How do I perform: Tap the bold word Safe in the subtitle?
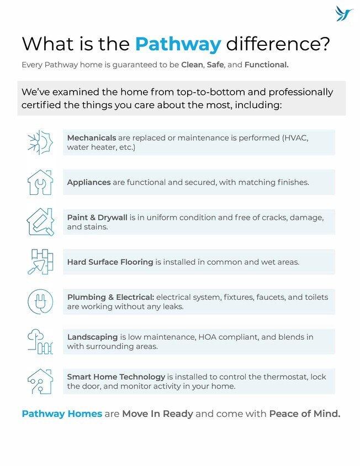pyautogui.click(x=215, y=65)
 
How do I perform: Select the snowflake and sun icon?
pyautogui.click(x=40, y=142)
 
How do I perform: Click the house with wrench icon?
pyautogui.click(x=40, y=182)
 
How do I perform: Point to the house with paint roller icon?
pyautogui.click(x=40, y=222)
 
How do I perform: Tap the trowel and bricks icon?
pyautogui.click(x=40, y=262)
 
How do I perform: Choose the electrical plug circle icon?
pyautogui.click(x=40, y=301)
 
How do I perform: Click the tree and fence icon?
pyautogui.click(x=40, y=341)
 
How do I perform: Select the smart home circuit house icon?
pyautogui.click(x=40, y=381)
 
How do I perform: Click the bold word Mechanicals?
pyautogui.click(x=92, y=137)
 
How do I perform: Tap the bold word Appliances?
pyautogui.click(x=89, y=182)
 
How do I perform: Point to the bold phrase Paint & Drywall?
pyautogui.click(x=97, y=218)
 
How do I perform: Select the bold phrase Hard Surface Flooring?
pyautogui.click(x=110, y=262)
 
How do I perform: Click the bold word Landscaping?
pyautogui.click(x=92, y=337)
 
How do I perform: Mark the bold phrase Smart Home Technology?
pyautogui.click(x=116, y=377)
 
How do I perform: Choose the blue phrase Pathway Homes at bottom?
pyautogui.click(x=62, y=414)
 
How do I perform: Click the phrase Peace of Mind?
pyautogui.click(x=304, y=414)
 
